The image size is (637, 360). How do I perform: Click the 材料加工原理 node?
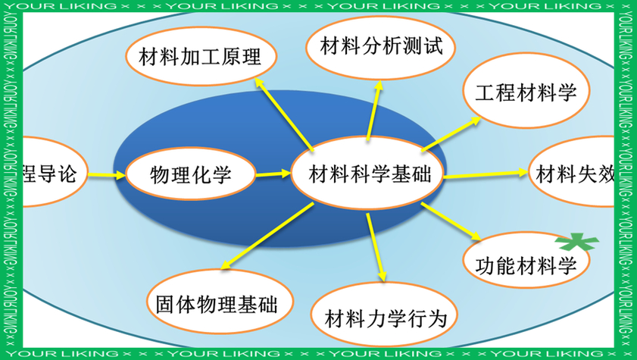click(x=200, y=56)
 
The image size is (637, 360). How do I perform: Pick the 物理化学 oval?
click(x=190, y=174)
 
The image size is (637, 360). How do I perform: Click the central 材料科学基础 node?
click(x=370, y=175)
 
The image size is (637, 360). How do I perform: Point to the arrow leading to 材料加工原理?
click(x=283, y=113)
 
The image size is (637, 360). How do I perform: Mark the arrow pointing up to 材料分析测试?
click(x=373, y=110)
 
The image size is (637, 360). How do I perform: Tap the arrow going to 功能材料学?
click(x=450, y=223)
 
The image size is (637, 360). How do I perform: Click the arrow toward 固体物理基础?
click(x=266, y=236)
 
